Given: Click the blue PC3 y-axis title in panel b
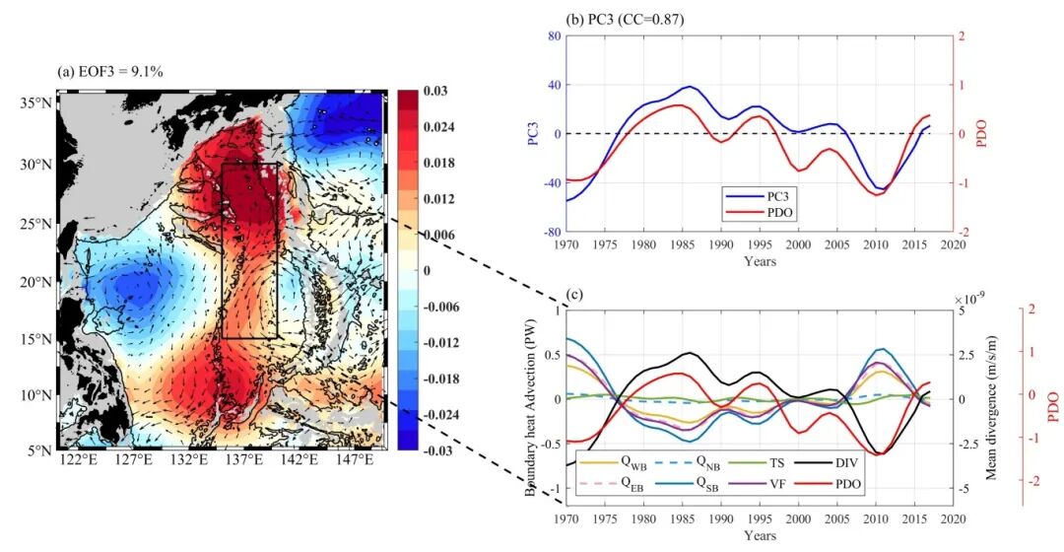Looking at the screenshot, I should [x=533, y=134].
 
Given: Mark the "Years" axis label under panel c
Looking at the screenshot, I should [x=760, y=535].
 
